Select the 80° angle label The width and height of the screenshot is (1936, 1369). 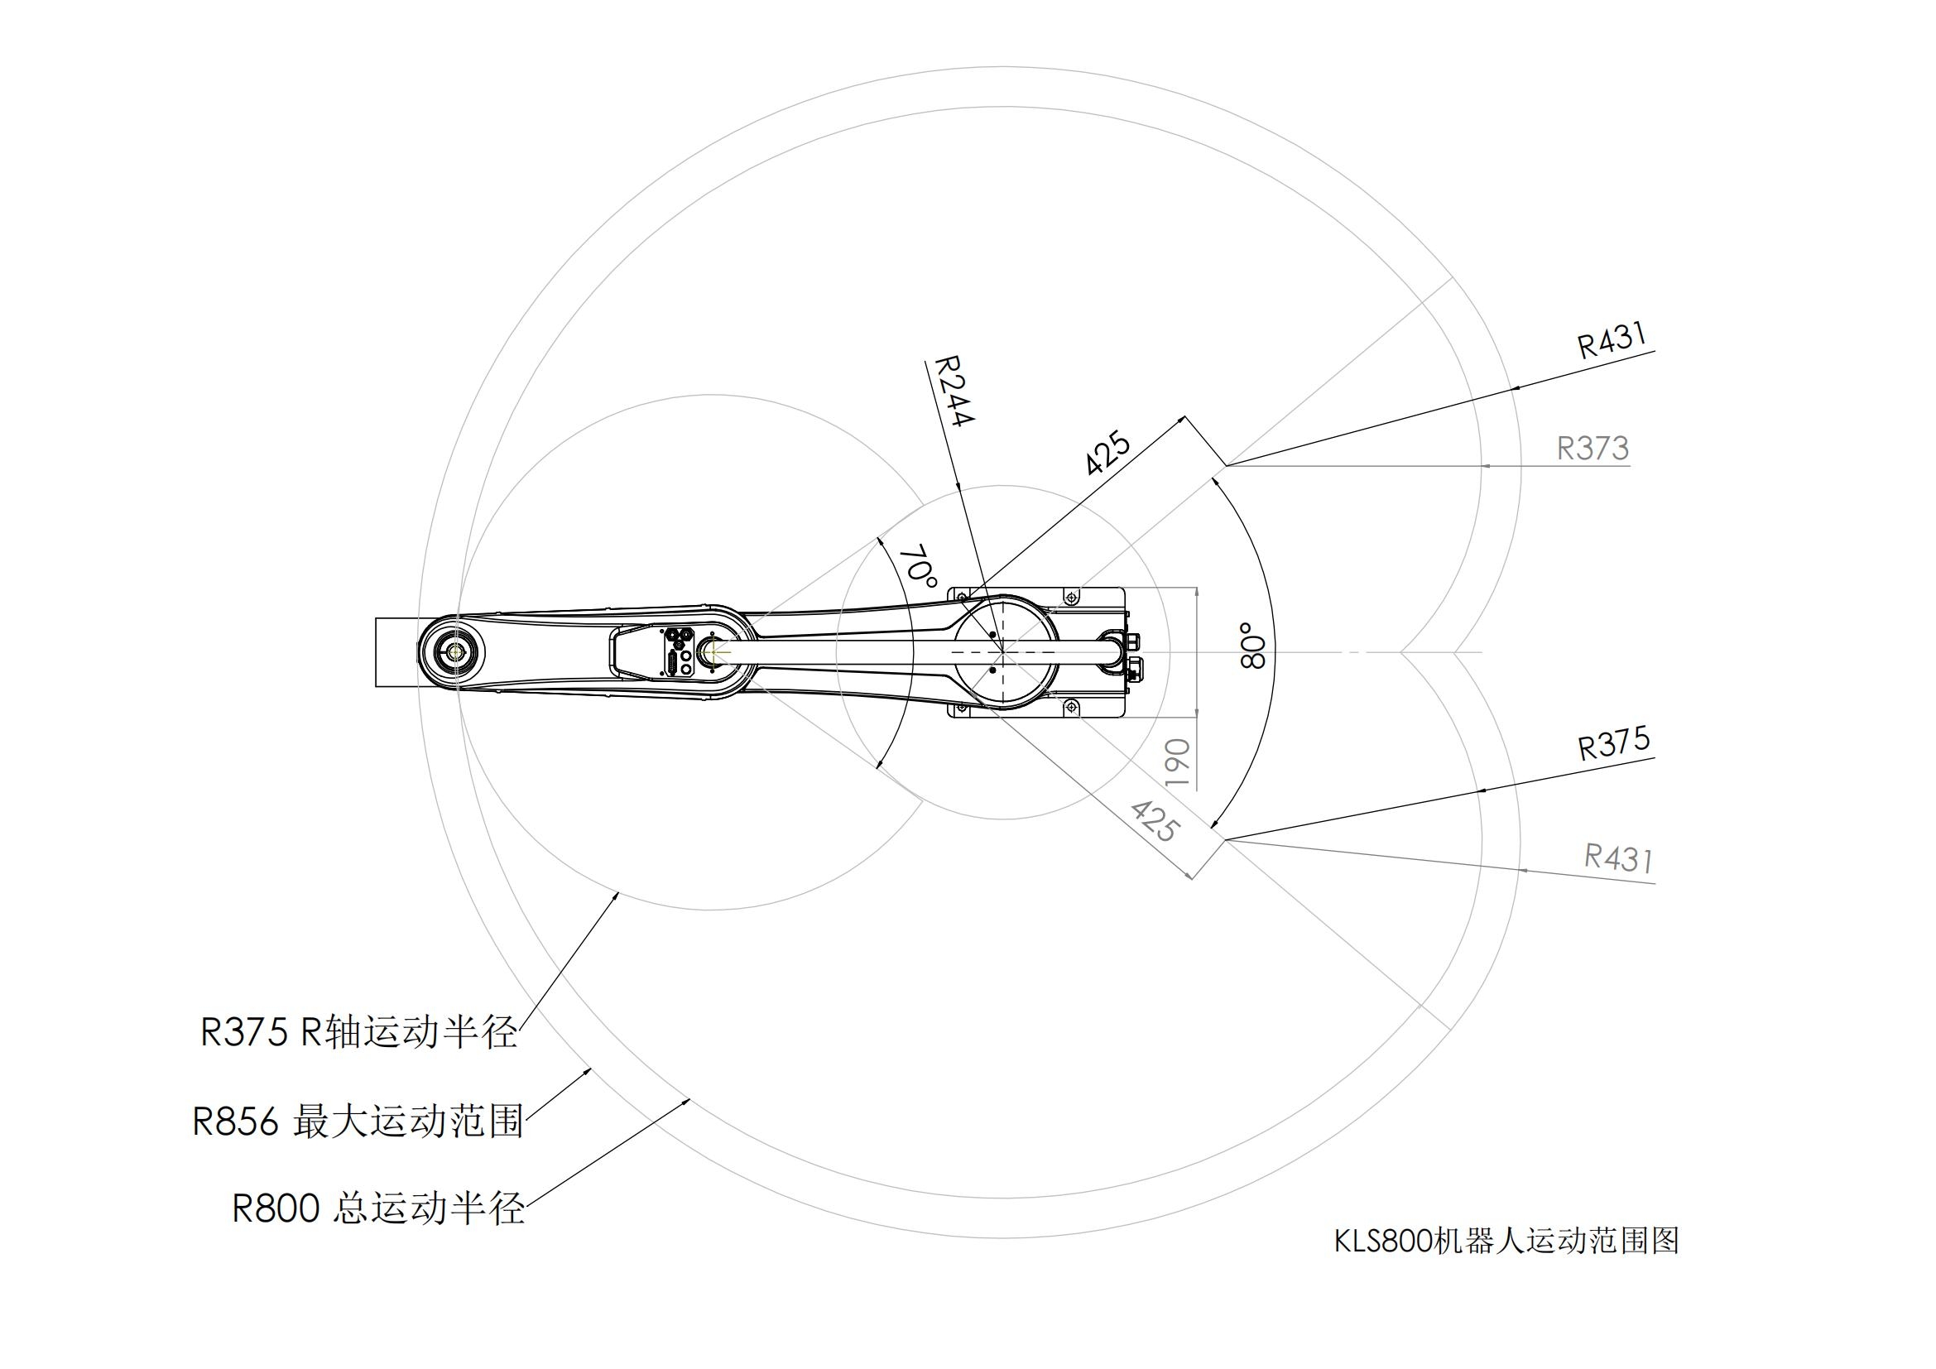[1254, 646]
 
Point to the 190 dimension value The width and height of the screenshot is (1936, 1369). [1178, 763]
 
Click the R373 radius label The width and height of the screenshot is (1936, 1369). [1592, 449]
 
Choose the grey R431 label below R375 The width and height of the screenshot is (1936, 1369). [1618, 858]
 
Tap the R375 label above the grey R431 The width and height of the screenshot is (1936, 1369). [1613, 743]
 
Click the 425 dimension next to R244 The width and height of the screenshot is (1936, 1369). [1108, 454]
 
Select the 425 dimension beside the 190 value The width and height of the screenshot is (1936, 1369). [1154, 821]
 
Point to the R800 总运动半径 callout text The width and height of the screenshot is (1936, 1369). [378, 1208]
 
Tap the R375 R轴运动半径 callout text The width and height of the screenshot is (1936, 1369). [358, 1033]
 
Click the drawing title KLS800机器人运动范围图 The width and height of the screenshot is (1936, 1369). [1506, 1241]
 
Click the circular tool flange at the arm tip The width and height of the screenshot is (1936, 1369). [456, 651]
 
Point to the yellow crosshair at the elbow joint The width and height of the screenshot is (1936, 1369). [713, 651]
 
